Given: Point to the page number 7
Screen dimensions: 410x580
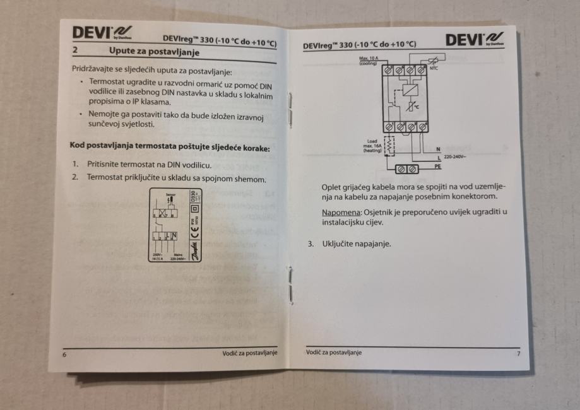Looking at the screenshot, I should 519,353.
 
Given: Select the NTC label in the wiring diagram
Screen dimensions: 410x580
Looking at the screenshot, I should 434,67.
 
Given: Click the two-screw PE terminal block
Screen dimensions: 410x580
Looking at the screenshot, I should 404,168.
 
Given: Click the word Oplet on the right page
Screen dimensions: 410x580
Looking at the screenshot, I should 332,186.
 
